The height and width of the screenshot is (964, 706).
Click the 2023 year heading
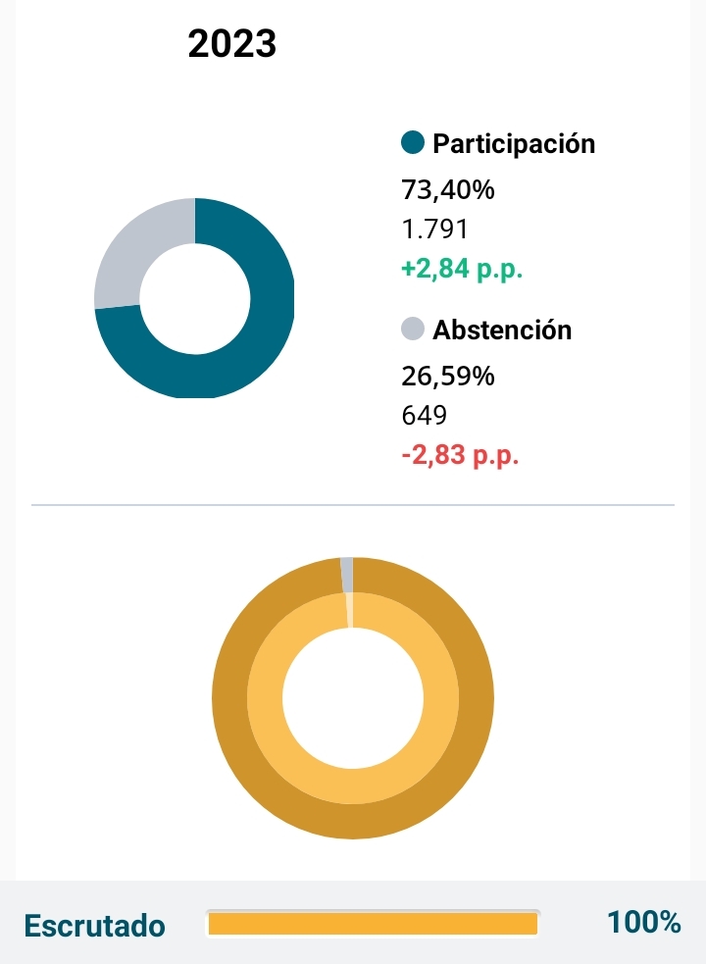232,44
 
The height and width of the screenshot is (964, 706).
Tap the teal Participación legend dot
413,143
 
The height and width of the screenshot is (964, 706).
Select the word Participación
514,143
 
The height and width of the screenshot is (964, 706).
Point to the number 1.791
435,229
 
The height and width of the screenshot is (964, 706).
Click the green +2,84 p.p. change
462,270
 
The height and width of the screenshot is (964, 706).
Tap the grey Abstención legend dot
413,330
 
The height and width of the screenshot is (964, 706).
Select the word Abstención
502,330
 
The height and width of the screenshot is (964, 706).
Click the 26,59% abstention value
448,376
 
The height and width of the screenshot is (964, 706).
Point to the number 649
425,416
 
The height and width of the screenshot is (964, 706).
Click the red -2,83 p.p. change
460,456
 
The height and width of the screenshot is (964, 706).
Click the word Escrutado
94,925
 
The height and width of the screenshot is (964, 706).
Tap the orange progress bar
373,924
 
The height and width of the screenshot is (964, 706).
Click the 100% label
643,923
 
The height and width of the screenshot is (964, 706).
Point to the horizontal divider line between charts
353,505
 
